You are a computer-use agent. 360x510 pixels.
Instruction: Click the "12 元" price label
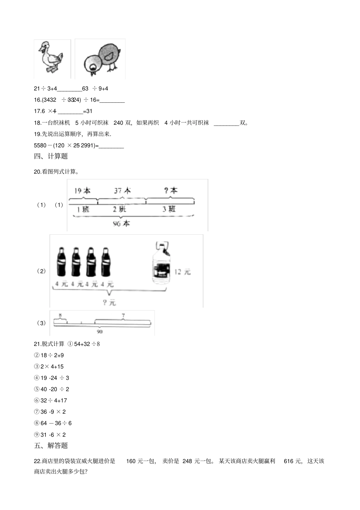pos(182,272)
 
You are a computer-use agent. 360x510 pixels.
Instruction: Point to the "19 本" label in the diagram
pos(82,191)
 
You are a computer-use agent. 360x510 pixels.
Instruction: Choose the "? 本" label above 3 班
pos(171,191)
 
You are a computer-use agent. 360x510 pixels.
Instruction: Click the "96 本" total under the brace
pos(121,224)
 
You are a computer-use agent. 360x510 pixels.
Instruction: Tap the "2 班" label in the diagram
pos(119,209)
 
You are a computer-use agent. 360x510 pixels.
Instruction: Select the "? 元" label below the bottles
pos(109,302)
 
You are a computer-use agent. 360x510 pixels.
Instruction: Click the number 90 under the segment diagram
pos(100,332)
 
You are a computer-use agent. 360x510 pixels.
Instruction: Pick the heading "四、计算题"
pos(51,156)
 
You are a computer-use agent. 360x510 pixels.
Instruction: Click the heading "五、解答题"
pos(51,446)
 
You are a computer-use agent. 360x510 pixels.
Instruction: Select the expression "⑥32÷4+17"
pos(50,400)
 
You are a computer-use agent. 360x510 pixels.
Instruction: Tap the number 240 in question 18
pos(119,123)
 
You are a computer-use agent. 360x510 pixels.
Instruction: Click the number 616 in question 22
pos(288,461)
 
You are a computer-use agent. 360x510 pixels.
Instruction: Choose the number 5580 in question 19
pos(40,146)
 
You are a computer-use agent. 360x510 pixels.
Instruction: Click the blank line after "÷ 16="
pos(112,100)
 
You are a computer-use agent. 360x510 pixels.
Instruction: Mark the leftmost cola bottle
pos(61,262)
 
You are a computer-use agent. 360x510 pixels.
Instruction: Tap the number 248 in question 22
pos(187,461)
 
